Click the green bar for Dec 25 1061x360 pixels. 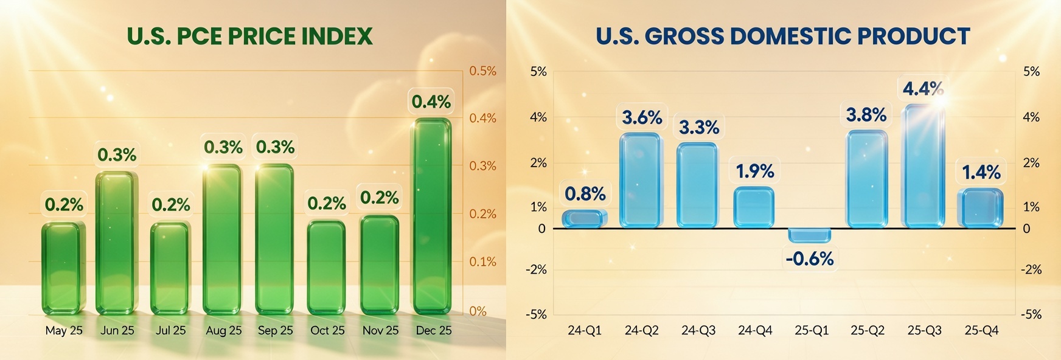432,216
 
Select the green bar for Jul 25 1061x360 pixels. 170,268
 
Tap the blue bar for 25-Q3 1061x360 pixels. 924,167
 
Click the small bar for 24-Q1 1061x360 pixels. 585,219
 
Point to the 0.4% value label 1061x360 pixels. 431,102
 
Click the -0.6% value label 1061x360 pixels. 810,259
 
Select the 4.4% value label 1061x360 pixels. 923,89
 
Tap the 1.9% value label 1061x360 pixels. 755,171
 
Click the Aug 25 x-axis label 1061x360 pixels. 223,331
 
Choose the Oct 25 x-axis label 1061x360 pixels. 327,331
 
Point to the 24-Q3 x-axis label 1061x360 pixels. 698,331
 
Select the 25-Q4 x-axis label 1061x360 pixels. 981,331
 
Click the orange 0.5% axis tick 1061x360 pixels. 482,71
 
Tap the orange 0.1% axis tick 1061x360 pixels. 482,262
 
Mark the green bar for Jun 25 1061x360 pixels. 117,243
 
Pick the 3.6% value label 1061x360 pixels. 642,117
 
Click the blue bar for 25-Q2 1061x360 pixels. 866,179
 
